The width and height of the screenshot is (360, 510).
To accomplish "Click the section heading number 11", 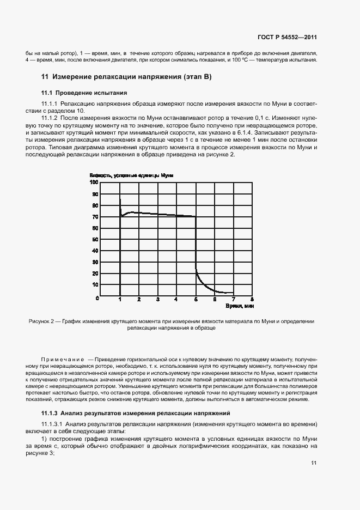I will tap(45, 77).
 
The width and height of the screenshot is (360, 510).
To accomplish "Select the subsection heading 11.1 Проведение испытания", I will tap(84, 93).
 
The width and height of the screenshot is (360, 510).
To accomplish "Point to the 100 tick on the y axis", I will tap(94, 183).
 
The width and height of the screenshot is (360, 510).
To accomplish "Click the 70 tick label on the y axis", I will tap(95, 217).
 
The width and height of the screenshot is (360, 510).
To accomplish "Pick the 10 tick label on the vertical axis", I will tap(95, 284).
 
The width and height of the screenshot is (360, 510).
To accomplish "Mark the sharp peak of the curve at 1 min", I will tap(120, 199).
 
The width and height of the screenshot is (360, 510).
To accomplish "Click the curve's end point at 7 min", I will tap(233, 293).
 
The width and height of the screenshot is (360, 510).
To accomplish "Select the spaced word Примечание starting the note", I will tap(62, 360).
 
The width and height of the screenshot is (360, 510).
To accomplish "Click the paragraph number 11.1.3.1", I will tap(52, 424).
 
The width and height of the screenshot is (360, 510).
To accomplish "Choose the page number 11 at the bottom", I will tap(314, 463).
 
